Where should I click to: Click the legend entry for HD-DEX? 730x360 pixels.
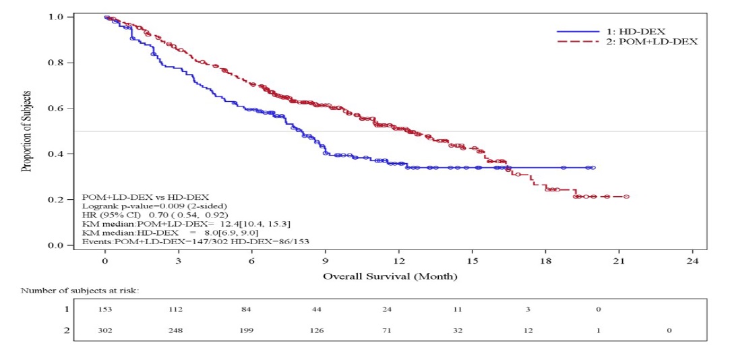pos(626,31)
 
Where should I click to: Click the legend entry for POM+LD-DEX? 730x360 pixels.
pos(626,41)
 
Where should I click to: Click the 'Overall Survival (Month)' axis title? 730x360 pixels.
pos(390,276)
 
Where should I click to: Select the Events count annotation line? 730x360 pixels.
pos(195,240)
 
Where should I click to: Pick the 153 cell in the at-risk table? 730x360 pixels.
pos(107,309)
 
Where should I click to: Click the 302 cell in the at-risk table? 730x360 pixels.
pos(107,330)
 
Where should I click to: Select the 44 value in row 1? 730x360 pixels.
pos(324,309)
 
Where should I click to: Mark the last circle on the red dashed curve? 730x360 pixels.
pos(626,197)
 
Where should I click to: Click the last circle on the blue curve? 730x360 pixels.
pos(592,167)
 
